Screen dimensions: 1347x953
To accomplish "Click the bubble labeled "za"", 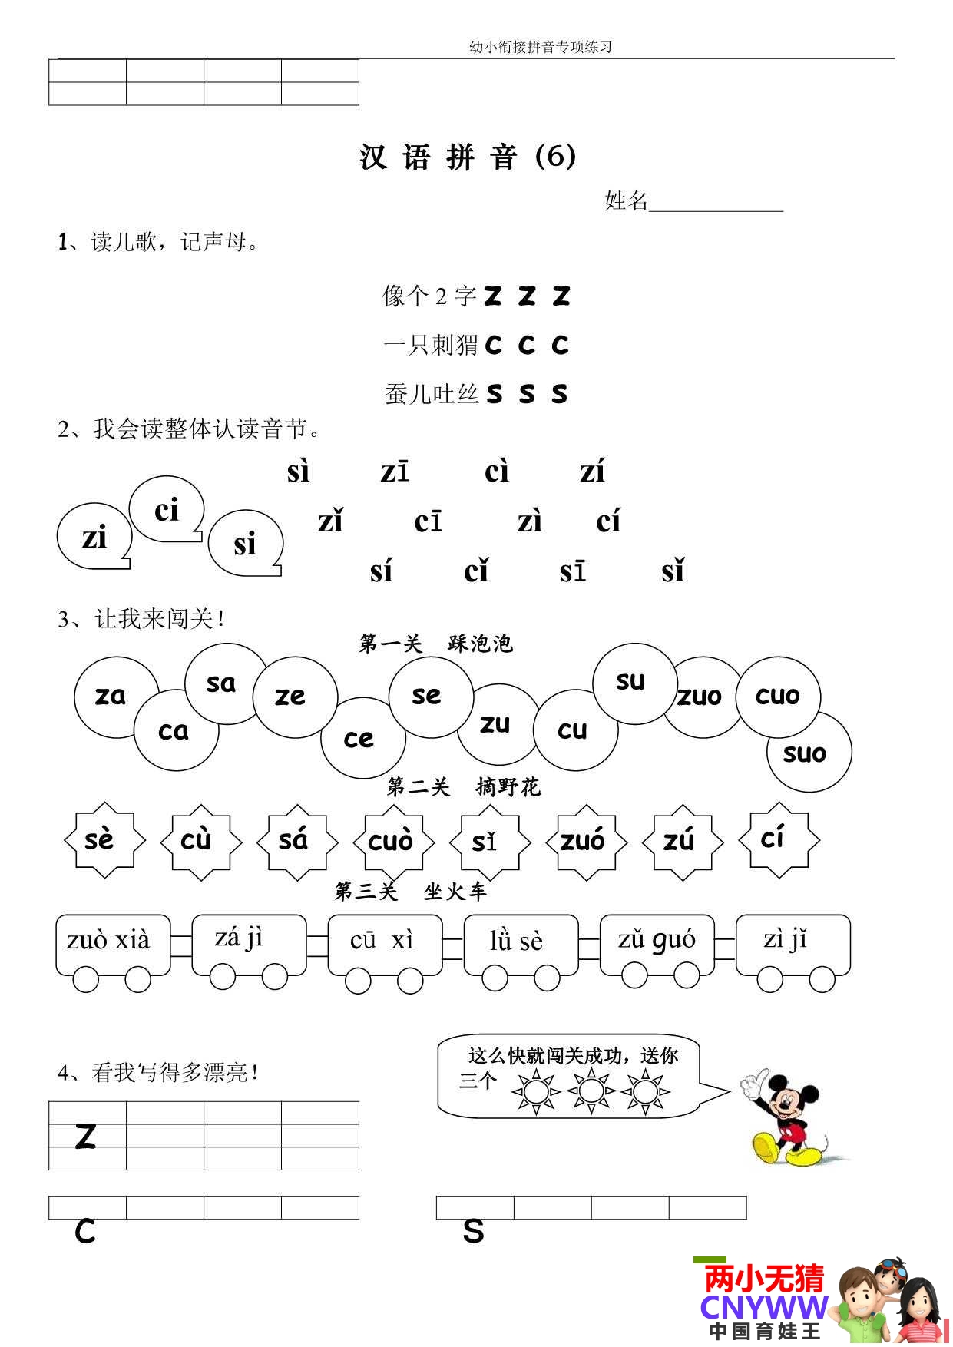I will [111, 696].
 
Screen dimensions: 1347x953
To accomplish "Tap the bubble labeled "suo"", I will [808, 753].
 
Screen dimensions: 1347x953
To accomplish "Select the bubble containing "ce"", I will [361, 738].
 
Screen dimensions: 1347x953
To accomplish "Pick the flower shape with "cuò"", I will [392, 841].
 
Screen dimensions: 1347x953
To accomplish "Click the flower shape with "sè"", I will [103, 839].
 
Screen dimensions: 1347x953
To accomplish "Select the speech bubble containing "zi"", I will [94, 538].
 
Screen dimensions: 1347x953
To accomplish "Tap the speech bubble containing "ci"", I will [166, 510].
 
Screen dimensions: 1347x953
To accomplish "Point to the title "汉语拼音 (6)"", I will [468, 157].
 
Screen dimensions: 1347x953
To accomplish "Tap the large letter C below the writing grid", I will [85, 1232].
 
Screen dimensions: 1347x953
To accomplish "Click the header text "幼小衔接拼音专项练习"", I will [540, 47].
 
